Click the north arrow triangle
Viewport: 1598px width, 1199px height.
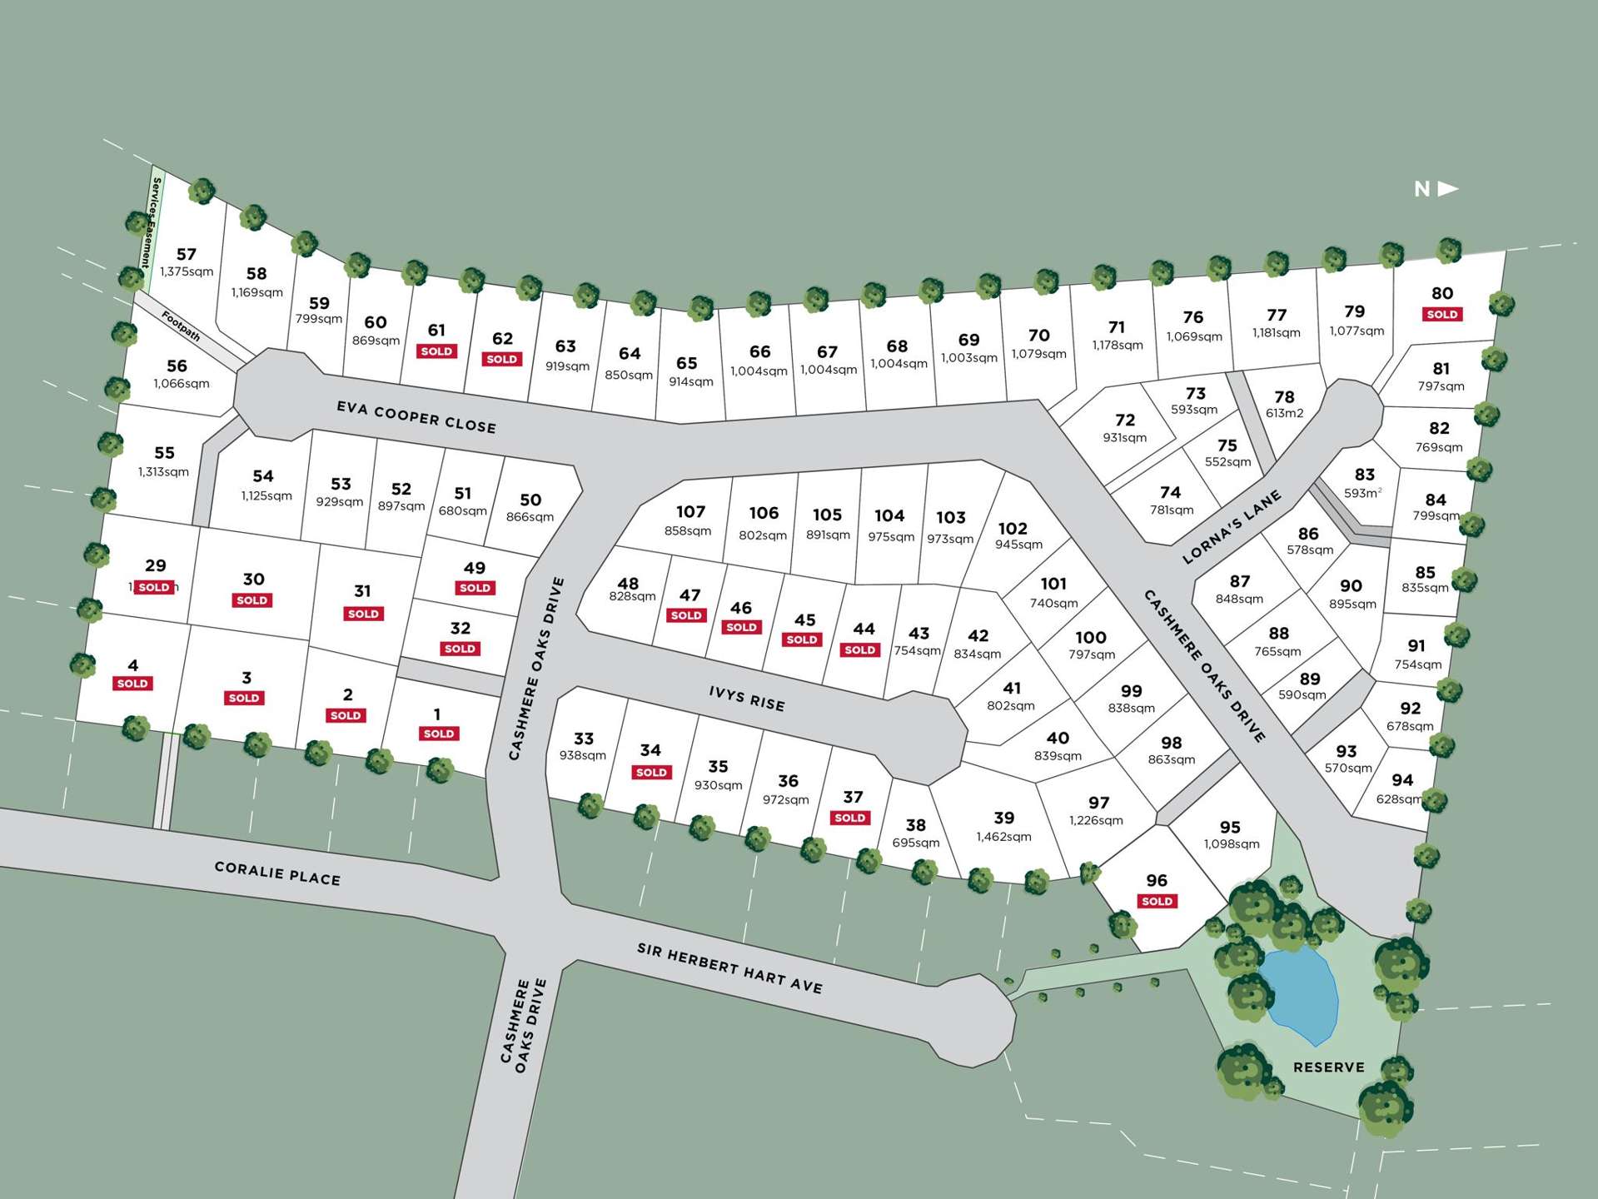point(1448,189)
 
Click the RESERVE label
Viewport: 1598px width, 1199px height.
point(1328,1067)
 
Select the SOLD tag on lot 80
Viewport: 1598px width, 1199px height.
point(1441,314)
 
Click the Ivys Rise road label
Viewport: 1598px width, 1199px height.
point(747,698)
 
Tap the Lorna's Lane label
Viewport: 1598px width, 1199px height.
point(1232,527)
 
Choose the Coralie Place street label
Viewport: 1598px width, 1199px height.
point(277,873)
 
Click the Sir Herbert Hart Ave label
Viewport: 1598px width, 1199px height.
point(729,968)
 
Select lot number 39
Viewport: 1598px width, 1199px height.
point(1003,818)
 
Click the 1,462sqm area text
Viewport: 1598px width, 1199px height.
point(1003,836)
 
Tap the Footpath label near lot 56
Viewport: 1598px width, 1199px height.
point(181,326)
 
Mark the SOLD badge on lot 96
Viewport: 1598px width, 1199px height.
point(1157,901)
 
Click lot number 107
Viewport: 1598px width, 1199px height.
point(690,512)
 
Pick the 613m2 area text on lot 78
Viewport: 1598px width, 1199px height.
point(1284,413)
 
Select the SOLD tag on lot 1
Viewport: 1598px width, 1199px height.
point(438,734)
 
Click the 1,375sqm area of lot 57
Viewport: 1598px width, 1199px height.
point(187,271)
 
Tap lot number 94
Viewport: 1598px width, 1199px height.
point(1402,780)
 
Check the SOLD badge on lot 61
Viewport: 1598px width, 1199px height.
point(436,351)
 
